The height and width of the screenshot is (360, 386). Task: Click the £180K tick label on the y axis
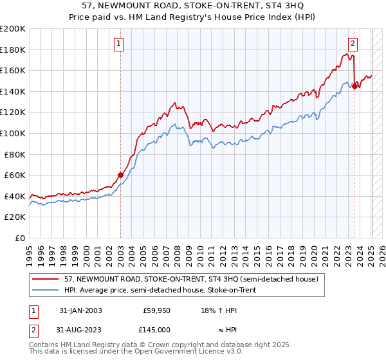click(13, 50)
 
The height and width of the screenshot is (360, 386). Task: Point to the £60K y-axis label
click(15, 175)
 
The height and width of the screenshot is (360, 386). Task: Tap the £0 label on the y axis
click(21, 238)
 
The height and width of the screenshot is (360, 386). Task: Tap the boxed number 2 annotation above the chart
click(353, 44)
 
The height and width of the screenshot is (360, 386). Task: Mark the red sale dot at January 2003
click(120, 175)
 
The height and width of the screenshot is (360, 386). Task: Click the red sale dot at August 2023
click(354, 86)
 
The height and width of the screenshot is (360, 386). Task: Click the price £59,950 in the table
click(156, 310)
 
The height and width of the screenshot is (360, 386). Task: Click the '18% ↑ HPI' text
click(219, 310)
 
